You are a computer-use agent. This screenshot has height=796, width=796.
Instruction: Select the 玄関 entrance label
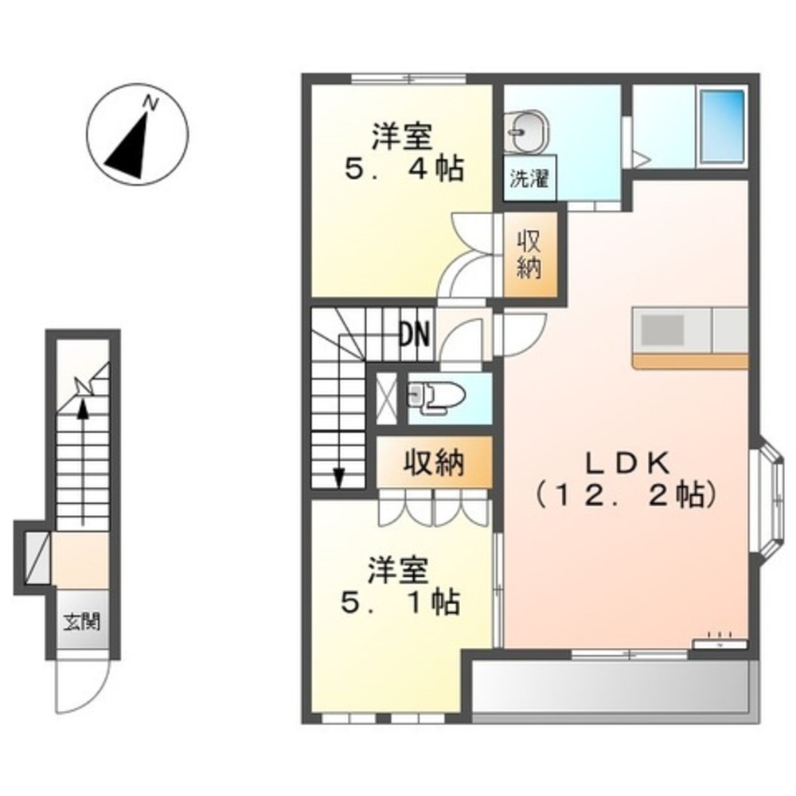[82, 622]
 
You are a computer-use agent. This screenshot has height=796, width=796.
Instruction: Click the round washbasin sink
[526, 129]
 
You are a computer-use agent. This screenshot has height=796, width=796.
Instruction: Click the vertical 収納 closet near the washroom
[528, 255]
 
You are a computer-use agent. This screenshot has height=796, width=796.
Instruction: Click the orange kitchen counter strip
[690, 361]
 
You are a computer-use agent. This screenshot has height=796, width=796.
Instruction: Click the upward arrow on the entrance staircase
[82, 410]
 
